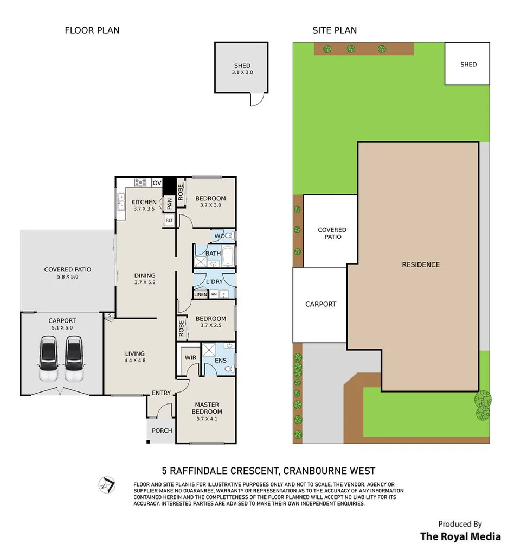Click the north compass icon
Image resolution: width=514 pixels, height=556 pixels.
point(107,485)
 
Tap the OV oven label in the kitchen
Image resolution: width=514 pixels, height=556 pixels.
point(157,183)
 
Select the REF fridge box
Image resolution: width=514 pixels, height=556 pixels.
point(169,220)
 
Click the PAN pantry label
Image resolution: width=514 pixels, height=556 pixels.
point(169,204)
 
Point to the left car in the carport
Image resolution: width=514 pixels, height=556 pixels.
point(48,358)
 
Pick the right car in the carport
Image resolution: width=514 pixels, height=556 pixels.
point(74,358)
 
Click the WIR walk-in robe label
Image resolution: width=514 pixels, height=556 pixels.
point(190,358)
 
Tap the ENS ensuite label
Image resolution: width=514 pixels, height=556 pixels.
point(221,361)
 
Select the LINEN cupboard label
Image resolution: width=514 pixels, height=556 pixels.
point(201,294)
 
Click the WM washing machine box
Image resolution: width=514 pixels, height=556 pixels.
point(214,294)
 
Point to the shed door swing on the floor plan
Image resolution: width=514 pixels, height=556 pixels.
point(258,100)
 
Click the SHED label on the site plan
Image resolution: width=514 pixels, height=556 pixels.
point(468,64)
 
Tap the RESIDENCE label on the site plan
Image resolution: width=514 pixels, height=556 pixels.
point(421,264)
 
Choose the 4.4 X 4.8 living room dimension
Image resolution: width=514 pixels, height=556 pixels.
point(135,361)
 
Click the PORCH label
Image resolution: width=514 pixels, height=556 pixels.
point(162,431)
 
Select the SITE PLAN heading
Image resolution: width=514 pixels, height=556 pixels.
point(335,30)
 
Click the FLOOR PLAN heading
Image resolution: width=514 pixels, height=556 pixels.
point(92,30)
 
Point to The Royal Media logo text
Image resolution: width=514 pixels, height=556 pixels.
point(460,536)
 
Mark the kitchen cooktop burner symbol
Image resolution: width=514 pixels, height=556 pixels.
point(140,182)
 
